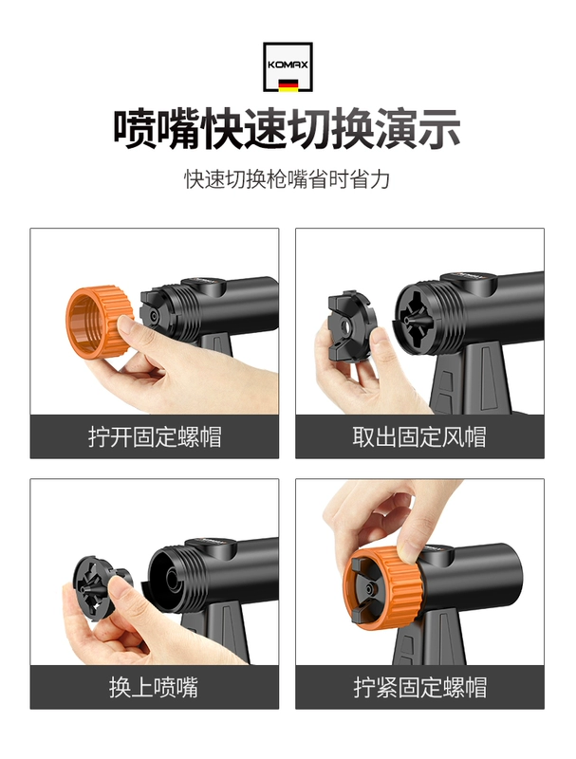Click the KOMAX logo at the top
(x=288, y=66)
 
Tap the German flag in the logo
(x=288, y=85)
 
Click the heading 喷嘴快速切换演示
(x=287, y=129)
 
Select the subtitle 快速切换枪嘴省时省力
(x=287, y=179)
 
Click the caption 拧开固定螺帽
(x=155, y=436)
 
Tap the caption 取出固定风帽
(x=419, y=436)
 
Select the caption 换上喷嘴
(x=154, y=687)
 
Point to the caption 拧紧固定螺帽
(x=419, y=687)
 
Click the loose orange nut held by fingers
(x=100, y=321)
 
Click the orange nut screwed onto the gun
(x=382, y=588)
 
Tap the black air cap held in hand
(x=351, y=326)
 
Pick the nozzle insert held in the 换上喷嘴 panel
(x=100, y=586)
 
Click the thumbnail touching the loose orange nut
(x=125, y=325)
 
